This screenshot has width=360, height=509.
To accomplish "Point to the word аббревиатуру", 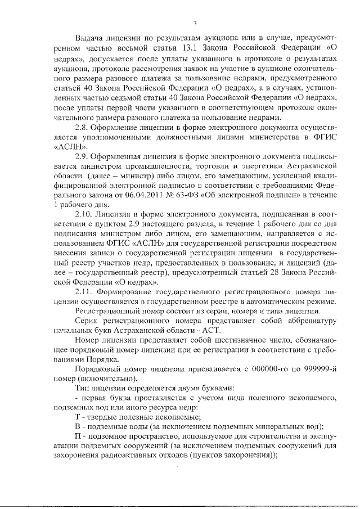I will click(309, 321).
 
